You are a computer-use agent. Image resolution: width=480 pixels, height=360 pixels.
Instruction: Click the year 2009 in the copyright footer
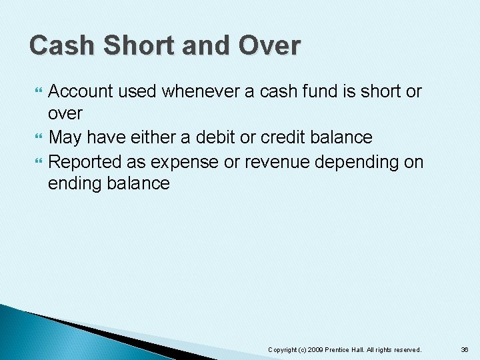pos(315,349)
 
